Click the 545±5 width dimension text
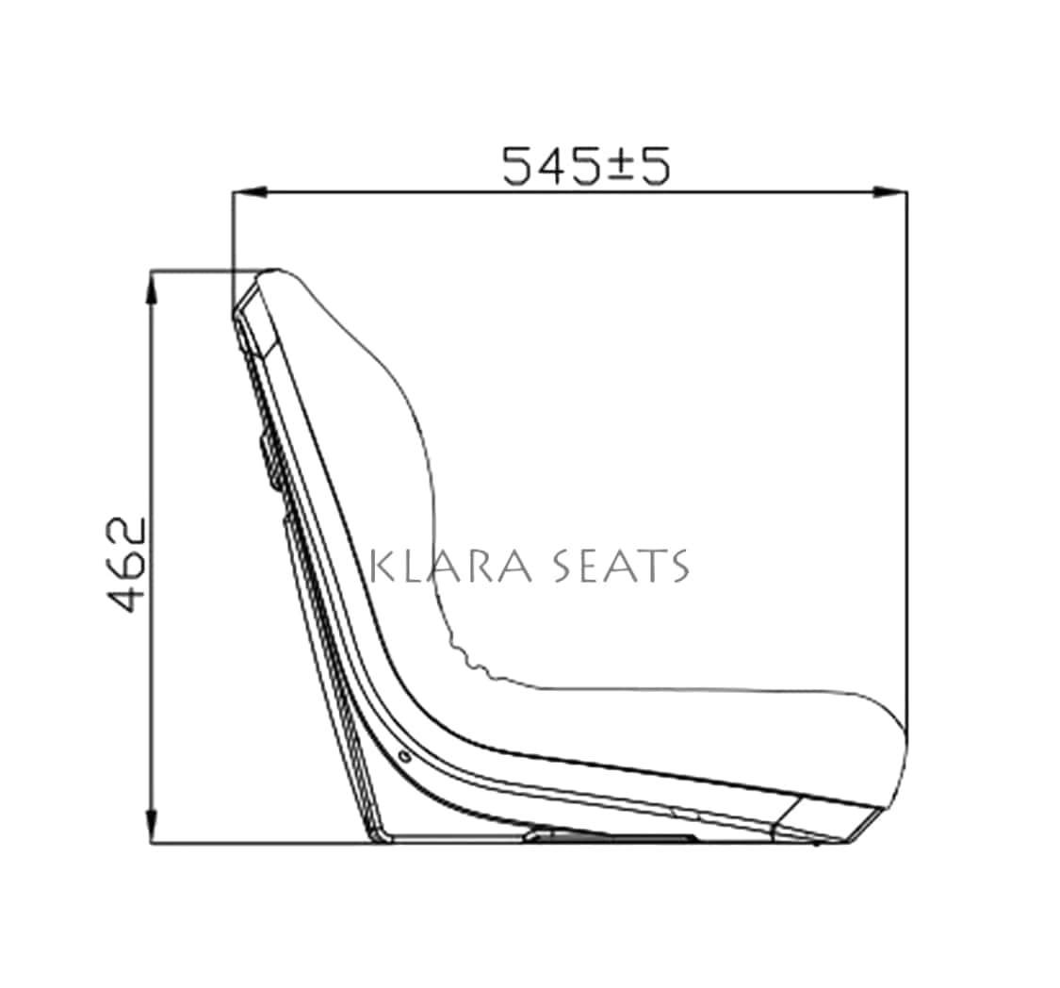tap(585, 166)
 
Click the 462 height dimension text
tap(127, 565)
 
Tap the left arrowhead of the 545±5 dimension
tap(250, 192)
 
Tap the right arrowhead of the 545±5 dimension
tap(889, 192)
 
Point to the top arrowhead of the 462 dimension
tap(153, 288)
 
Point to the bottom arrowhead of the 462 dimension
tap(153, 826)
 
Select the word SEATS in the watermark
tap(621, 566)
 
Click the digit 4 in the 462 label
tap(127, 597)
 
